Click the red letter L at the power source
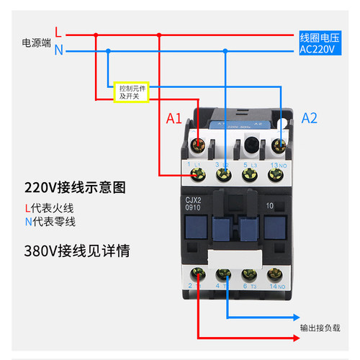point(58,33)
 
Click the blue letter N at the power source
point(58,50)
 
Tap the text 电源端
point(36,42)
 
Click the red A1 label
point(174,119)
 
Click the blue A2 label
point(310,118)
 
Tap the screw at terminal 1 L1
point(197,150)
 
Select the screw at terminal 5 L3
point(250,150)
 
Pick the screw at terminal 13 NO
point(276,150)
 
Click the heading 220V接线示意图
point(75,188)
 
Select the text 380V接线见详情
point(77,252)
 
